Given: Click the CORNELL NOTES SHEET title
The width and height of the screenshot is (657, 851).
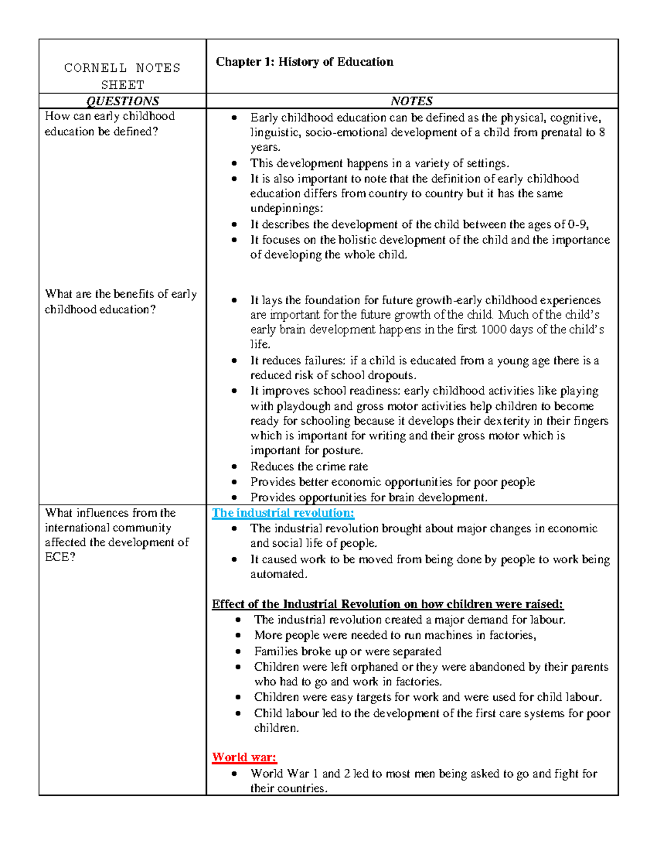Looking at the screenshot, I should pos(122,76).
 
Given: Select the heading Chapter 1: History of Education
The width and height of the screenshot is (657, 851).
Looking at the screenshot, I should pos(304,62).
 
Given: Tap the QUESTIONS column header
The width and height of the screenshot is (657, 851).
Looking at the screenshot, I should pos(123,101).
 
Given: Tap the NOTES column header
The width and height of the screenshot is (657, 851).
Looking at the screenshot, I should pos(412,101).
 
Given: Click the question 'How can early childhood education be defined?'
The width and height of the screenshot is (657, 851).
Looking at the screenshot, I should pos(109,124).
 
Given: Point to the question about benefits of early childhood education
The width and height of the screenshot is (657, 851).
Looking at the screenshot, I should pos(120,301).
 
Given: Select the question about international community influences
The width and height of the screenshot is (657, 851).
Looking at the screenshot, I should pos(116,535).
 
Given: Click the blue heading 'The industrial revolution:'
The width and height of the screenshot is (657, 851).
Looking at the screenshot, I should pos(283,513).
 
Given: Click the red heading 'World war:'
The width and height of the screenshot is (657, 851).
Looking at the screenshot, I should pos(244,757).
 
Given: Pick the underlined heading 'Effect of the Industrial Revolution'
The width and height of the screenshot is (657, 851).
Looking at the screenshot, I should pos(387,604).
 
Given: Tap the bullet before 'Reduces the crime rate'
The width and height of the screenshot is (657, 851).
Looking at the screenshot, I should pos(234,467).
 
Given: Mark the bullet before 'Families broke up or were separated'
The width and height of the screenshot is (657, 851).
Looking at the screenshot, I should pos(238,652).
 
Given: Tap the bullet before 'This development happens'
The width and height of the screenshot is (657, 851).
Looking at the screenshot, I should pos(234,163).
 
